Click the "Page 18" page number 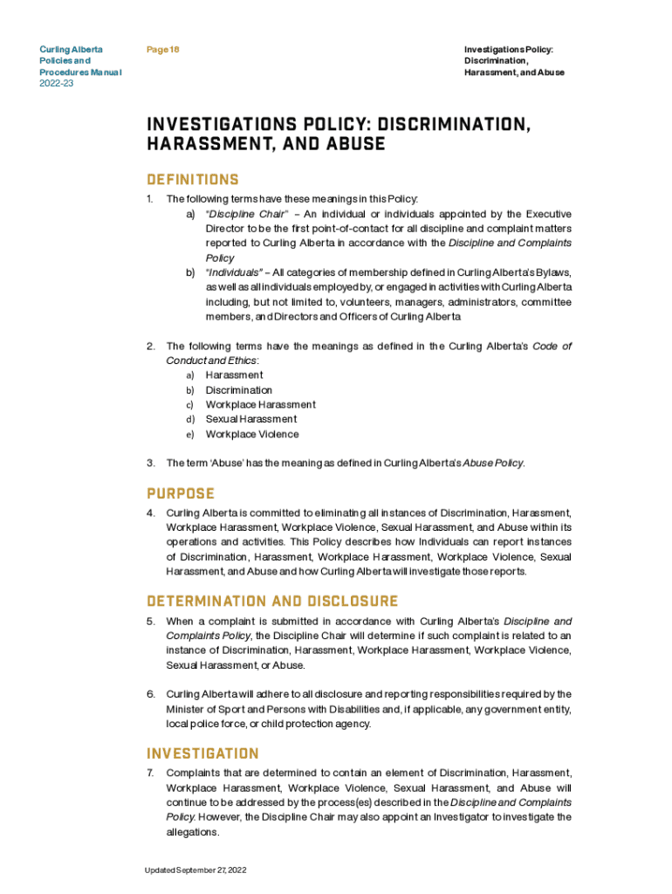tap(163, 50)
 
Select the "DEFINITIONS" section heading tap(192, 180)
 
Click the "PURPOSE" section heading tap(181, 493)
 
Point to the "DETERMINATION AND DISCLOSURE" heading tap(272, 602)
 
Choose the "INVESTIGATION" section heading tap(202, 753)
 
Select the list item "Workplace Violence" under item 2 tap(252, 434)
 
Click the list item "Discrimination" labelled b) tap(239, 390)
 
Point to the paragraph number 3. tap(150, 463)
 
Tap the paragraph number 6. tap(150, 694)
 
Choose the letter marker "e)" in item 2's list tap(189, 434)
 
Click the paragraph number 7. tap(150, 773)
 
